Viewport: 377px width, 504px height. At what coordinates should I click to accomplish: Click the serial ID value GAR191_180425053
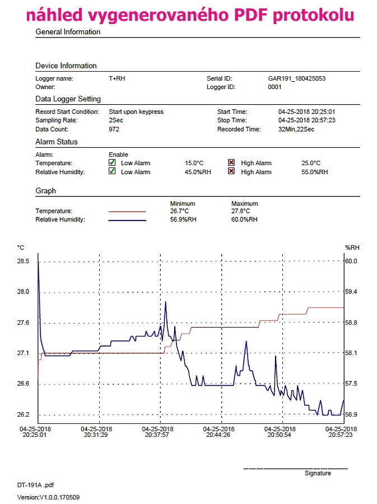click(x=297, y=78)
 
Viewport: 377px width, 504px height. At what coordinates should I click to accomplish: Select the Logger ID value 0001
click(x=275, y=87)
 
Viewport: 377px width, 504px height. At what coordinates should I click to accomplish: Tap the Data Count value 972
click(x=114, y=129)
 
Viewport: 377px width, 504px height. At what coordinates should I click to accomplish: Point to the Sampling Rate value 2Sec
click(x=116, y=120)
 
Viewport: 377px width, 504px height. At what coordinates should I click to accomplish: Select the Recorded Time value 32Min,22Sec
click(x=296, y=129)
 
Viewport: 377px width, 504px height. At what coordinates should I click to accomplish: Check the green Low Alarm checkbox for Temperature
click(x=112, y=162)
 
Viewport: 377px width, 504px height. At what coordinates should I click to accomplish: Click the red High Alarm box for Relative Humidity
click(x=231, y=171)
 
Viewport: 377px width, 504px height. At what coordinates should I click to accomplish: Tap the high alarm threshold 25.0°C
click(x=311, y=163)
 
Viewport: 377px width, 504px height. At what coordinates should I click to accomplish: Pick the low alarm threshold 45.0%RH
click(x=198, y=172)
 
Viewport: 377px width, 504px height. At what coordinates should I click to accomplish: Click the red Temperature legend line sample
click(x=127, y=212)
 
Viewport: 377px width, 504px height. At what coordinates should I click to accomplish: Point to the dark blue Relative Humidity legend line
click(x=127, y=221)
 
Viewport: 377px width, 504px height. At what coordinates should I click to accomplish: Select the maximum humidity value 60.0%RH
click(x=244, y=220)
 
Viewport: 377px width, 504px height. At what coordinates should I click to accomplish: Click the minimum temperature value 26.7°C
click(x=179, y=211)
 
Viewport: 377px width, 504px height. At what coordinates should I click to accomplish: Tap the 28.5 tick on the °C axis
click(x=23, y=261)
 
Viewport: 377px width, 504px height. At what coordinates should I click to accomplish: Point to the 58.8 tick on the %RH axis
click(x=351, y=323)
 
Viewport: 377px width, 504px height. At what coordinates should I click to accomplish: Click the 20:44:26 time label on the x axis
click(x=218, y=435)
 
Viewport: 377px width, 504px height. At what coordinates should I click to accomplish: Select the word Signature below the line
click(x=318, y=473)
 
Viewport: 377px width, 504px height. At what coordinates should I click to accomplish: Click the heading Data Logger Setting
click(x=68, y=99)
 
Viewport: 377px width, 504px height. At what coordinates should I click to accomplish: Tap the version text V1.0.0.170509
click(x=59, y=497)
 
